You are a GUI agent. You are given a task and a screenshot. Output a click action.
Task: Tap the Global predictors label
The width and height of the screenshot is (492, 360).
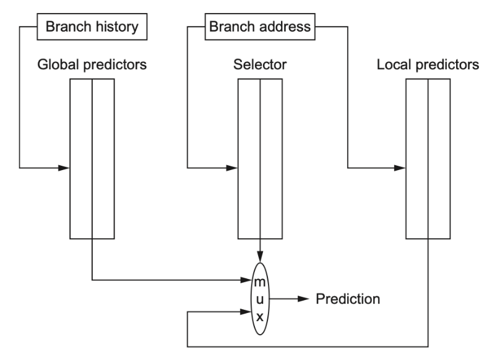click(92, 64)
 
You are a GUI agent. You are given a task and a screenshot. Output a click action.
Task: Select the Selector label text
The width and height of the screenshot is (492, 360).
click(260, 64)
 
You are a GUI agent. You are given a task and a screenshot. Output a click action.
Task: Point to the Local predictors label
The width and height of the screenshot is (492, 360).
click(428, 64)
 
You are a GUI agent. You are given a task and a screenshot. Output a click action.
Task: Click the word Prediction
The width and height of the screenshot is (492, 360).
click(348, 299)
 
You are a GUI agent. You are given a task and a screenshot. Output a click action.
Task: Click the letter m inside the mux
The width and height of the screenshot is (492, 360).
click(260, 282)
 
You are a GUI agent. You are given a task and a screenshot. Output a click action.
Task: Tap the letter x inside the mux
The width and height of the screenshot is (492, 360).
click(260, 317)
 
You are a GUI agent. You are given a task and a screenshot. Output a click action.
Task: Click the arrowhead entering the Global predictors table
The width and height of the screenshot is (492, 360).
click(64, 168)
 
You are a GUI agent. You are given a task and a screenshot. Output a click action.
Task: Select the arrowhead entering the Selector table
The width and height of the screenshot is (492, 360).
click(232, 168)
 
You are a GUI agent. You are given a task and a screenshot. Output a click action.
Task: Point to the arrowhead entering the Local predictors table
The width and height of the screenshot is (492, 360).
click(400, 168)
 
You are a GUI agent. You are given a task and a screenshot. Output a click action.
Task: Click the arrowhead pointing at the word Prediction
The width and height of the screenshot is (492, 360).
click(303, 299)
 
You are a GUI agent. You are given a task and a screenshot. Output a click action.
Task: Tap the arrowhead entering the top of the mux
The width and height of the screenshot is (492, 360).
click(260, 257)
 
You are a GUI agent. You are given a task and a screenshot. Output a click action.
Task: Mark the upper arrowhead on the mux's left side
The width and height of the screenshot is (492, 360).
click(246, 280)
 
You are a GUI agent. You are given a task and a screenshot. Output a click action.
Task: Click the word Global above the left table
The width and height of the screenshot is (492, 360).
click(58, 64)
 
